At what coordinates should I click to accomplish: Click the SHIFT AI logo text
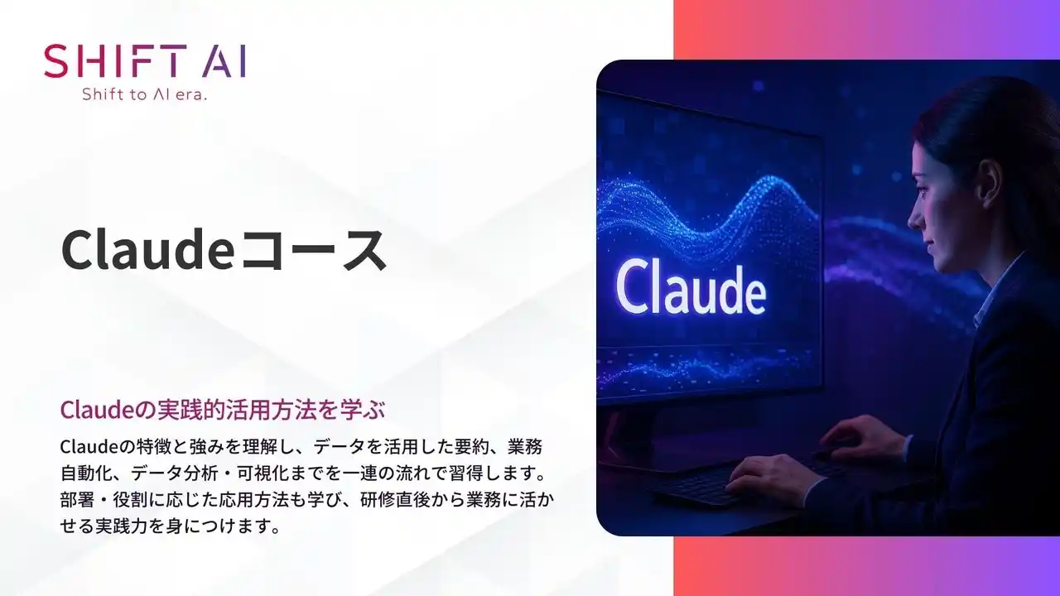(x=145, y=62)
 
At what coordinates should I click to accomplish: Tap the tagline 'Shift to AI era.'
(x=145, y=94)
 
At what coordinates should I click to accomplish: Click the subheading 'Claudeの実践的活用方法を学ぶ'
(x=224, y=409)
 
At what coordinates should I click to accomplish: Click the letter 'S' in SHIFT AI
(x=57, y=62)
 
